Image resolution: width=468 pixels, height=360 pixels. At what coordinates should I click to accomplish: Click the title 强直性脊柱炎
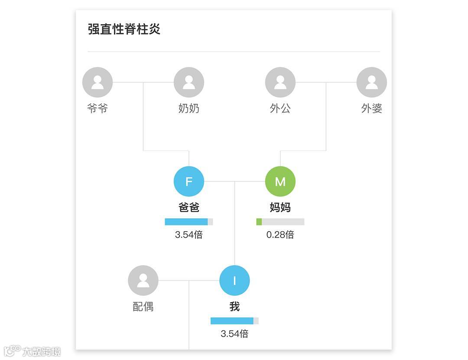[x=124, y=29]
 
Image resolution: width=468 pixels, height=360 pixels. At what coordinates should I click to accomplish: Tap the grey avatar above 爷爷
[x=97, y=82]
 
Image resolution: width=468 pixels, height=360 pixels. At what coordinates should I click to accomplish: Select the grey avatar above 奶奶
[x=189, y=82]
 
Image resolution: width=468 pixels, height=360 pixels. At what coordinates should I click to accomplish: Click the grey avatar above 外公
[x=280, y=82]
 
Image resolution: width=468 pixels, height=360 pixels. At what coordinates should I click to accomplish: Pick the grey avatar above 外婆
[x=372, y=82]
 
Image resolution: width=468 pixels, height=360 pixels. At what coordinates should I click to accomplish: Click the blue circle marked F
[x=189, y=181]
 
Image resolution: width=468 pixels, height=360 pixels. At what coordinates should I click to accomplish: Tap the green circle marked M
[x=280, y=181]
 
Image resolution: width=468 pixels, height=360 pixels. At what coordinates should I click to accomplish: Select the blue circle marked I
[x=234, y=280]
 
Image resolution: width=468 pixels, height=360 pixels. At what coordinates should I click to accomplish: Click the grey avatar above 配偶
[x=143, y=280]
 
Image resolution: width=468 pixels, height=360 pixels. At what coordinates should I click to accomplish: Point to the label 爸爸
[x=189, y=207]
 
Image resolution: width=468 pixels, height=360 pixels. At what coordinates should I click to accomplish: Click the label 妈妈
[x=280, y=207]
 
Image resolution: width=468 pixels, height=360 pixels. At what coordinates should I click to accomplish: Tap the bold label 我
[x=234, y=307]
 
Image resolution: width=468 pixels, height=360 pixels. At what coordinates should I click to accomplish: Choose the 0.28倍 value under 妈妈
[x=280, y=235]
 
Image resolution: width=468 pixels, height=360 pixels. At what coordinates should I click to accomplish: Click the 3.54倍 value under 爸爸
[x=189, y=235]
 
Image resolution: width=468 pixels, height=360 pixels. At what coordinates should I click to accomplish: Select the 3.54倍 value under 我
[x=234, y=334]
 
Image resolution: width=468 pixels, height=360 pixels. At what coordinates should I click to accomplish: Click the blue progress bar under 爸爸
[x=186, y=222]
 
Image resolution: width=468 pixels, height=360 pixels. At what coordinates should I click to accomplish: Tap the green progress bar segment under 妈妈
[x=259, y=222]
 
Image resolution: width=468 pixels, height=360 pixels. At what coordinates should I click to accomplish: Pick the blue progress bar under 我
[x=232, y=321]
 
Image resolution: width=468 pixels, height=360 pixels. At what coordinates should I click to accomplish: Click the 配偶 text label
[x=143, y=307]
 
